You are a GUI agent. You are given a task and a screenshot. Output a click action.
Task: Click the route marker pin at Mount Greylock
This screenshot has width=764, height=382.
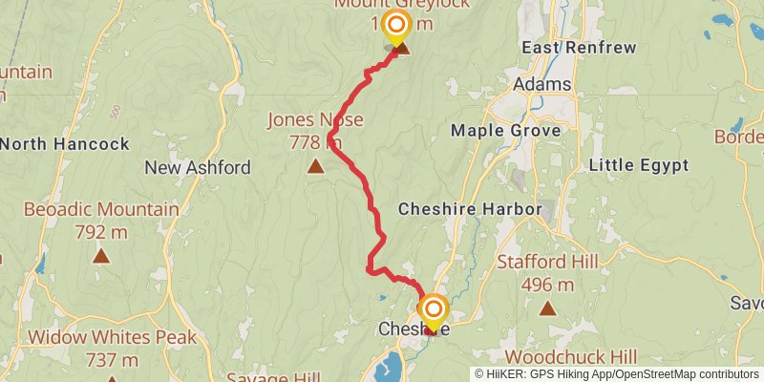click(x=395, y=25)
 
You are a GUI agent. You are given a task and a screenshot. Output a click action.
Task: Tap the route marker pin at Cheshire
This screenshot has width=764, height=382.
click(x=434, y=310)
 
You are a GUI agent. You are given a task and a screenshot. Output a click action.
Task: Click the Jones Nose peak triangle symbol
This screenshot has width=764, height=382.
click(x=315, y=167)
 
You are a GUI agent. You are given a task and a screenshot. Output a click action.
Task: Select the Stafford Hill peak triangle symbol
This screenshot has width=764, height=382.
click(x=547, y=308)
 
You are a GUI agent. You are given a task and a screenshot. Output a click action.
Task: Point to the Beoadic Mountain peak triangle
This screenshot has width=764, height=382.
click(x=101, y=255)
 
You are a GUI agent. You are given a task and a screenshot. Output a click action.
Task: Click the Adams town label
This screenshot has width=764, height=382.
click(x=541, y=85)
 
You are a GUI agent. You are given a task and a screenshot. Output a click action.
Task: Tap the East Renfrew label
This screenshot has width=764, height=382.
click(x=566, y=47)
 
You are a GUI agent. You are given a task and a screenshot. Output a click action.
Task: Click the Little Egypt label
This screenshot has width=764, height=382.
click(x=639, y=165)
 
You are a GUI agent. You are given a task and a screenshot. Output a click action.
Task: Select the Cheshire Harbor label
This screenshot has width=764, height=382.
click(x=469, y=209)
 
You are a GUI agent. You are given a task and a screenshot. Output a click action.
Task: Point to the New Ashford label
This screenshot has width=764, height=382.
click(x=198, y=168)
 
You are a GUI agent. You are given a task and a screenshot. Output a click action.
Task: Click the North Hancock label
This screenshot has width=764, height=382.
click(x=65, y=144)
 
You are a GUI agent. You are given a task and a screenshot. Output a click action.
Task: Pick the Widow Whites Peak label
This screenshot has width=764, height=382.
click(x=112, y=337)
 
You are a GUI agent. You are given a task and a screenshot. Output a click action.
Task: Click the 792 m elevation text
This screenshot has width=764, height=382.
click(x=101, y=230)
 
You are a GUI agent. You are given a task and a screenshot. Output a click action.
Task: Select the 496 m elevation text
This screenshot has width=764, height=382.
click(x=547, y=284)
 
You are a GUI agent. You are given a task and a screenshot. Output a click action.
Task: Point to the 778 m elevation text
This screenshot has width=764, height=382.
click(x=315, y=142)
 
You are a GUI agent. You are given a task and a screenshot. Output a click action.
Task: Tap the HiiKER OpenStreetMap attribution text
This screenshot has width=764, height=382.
click(x=617, y=373)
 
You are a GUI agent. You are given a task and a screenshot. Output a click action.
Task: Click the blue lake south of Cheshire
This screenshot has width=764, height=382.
click(x=393, y=365)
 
